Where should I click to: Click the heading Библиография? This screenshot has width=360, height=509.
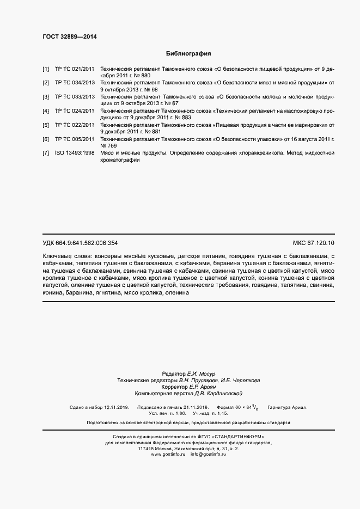[x=188, y=54]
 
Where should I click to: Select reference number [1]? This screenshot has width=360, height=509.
[x=46, y=70]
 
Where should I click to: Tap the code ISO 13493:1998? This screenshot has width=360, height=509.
[x=74, y=154]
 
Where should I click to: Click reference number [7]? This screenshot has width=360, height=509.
[x=46, y=154]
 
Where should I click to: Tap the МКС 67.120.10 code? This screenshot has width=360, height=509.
[x=314, y=243]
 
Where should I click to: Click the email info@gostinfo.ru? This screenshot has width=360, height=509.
[x=208, y=454]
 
